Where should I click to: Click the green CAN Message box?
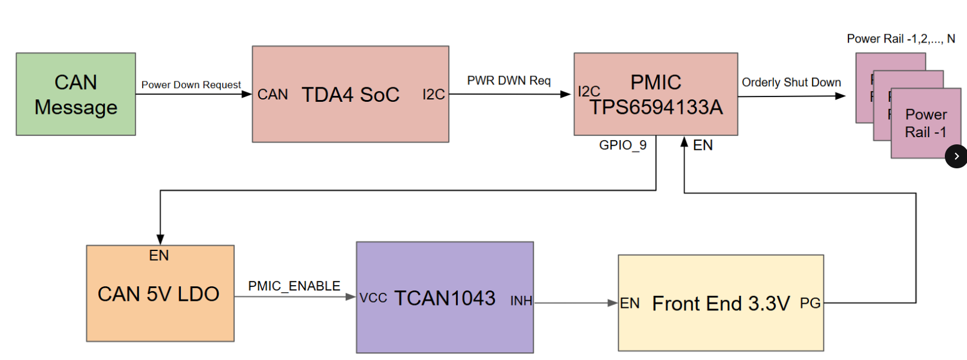click(x=76, y=94)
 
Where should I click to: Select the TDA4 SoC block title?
click(x=350, y=95)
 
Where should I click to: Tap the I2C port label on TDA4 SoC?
click(x=433, y=95)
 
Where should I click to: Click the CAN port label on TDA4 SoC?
click(x=273, y=95)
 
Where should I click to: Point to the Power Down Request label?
click(x=191, y=85)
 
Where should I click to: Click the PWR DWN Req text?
click(x=509, y=81)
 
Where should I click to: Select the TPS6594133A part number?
click(x=656, y=107)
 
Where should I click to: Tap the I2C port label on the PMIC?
click(x=588, y=92)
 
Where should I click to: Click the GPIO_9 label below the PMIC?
click(x=622, y=145)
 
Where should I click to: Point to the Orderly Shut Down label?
click(x=791, y=83)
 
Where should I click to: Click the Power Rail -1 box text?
click(x=926, y=123)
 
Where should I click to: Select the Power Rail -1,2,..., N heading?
click(x=900, y=39)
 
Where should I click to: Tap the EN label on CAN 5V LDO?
click(x=159, y=256)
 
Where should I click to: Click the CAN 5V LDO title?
click(x=158, y=294)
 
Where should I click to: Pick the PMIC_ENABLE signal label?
click(x=294, y=286)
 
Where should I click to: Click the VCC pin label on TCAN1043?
click(x=373, y=298)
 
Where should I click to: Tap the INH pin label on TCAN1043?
click(x=521, y=301)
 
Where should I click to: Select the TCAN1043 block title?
click(x=445, y=298)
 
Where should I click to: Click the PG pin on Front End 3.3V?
click(x=810, y=304)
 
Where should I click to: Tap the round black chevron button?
click(x=956, y=156)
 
